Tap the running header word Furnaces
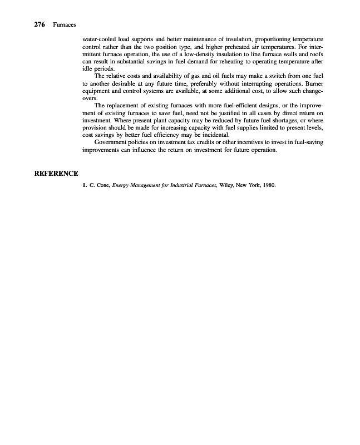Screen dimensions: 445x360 click(65, 26)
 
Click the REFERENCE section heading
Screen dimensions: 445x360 click(56, 173)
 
